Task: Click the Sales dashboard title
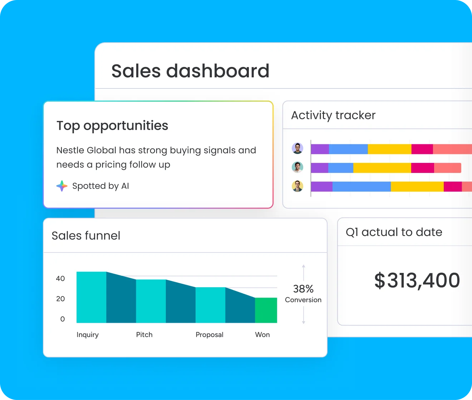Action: pos(190,71)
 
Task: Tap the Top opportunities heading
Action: pos(112,126)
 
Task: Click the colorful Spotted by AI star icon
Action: pos(62,186)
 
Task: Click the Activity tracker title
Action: pos(333,115)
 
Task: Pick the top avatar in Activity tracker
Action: pos(298,148)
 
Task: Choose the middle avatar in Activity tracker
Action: pos(298,167)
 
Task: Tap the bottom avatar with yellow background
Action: pos(298,186)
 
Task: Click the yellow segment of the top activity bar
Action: pos(389,149)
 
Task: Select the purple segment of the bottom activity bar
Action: pos(321,187)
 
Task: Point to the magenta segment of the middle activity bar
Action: pos(422,168)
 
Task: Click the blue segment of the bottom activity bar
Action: pos(361,187)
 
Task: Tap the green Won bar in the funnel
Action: pos(266,310)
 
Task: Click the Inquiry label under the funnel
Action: pos(88,334)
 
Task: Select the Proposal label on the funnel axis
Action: pos(209,334)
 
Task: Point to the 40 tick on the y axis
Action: pos(60,279)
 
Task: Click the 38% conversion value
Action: pos(303,289)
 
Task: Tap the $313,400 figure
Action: pos(417,280)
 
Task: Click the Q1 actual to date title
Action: pos(394,232)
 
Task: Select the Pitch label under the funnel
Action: pos(144,334)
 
